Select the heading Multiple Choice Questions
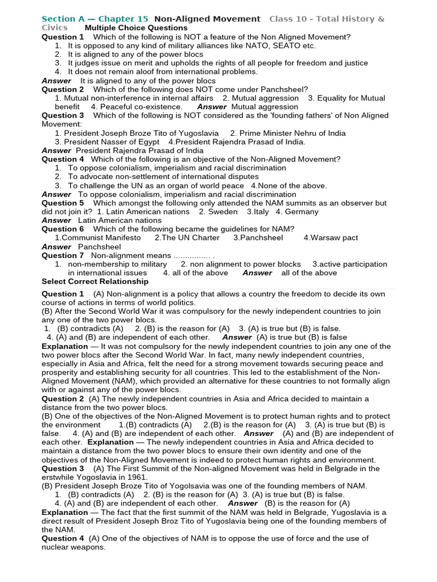pos(136,28)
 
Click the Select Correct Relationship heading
pos(95,281)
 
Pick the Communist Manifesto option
pos(101,238)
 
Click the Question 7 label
pos(63,255)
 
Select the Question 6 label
pos(63,229)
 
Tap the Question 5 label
pos(63,203)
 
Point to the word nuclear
pos(57,547)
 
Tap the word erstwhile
pos(60,477)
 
